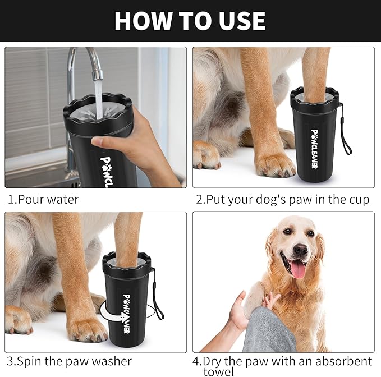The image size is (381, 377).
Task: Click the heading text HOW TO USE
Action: tap(190, 21)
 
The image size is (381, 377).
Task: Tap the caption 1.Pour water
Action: tap(44, 199)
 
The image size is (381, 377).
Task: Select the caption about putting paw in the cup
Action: tap(282, 199)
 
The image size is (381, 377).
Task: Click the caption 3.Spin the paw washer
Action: tap(70, 361)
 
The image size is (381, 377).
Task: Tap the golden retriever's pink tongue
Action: tap(297, 268)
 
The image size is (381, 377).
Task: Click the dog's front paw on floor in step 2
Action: tap(274, 163)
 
